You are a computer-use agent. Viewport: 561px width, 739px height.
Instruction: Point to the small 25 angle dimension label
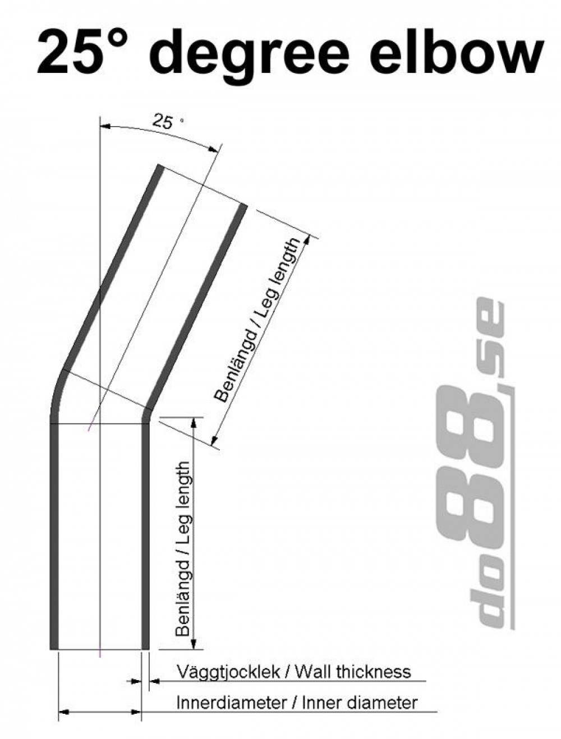163,122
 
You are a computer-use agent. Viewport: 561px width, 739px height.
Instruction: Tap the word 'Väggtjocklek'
228,671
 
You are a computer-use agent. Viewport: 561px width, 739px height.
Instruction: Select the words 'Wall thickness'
353,671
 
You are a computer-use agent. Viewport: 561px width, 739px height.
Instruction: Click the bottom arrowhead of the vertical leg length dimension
194,644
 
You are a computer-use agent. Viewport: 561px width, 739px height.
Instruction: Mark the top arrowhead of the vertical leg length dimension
194,422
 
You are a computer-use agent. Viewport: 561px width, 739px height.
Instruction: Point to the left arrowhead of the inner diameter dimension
63,712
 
